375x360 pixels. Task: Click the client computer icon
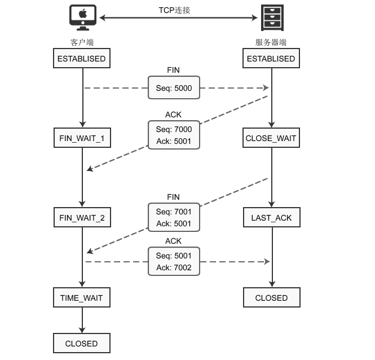82,18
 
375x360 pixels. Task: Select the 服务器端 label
271,42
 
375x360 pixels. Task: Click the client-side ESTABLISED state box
82,59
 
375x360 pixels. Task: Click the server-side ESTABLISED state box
271,59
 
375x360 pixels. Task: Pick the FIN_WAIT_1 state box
82,138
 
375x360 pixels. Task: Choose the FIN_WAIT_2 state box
82,218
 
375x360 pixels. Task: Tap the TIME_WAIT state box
82,297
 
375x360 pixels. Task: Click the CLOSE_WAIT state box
271,138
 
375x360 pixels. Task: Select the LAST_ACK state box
271,218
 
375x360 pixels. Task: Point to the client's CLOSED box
82,343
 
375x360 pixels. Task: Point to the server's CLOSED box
271,297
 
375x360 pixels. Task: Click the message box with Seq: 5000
174,88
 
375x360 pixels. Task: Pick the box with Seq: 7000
174,135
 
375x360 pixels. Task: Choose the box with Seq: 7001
174,218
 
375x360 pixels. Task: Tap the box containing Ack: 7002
174,261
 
